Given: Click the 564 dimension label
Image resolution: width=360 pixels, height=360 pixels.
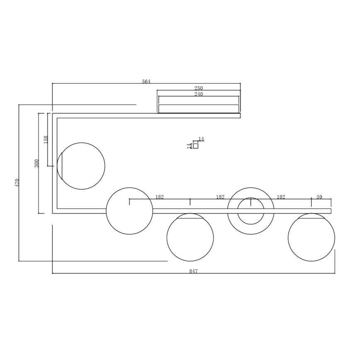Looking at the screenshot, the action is (x=146, y=82).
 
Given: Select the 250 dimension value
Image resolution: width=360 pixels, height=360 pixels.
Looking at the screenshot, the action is (x=199, y=88).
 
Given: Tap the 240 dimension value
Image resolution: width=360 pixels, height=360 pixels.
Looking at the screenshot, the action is (x=199, y=95).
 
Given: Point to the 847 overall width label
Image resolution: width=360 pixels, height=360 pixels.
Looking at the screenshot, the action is (x=193, y=271).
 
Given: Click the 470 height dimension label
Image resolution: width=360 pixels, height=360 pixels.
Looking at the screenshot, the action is (x=17, y=182).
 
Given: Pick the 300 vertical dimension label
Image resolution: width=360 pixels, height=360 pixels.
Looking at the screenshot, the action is (x=36, y=163).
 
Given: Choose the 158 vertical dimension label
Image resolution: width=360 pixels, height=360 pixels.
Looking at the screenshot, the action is (x=46, y=139).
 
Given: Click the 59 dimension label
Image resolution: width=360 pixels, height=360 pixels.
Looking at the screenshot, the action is (x=319, y=197).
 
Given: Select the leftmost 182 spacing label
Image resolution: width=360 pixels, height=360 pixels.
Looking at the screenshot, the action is (x=160, y=197).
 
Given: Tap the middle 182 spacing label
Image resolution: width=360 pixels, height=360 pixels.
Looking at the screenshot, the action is (x=220, y=197).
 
